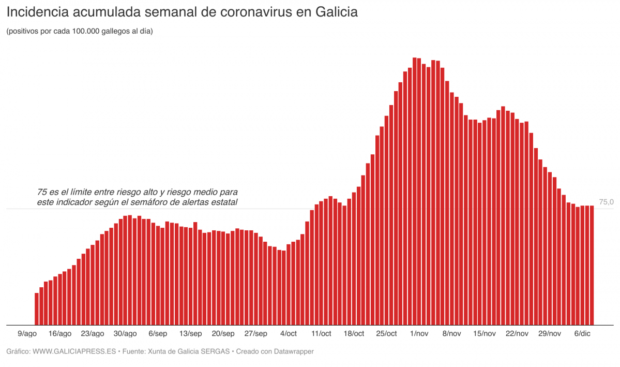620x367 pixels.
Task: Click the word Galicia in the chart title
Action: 332,12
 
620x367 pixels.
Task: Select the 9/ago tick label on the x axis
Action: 27,333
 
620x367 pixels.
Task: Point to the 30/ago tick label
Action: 125,333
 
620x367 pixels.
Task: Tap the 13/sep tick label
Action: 191,333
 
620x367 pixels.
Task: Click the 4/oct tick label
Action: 288,333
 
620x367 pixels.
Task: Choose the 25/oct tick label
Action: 386,333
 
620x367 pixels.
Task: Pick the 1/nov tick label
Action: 419,333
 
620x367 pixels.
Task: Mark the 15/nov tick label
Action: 485,333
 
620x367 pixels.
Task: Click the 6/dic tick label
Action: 582,333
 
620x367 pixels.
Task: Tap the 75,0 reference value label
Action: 606,202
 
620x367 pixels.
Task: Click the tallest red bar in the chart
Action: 415,192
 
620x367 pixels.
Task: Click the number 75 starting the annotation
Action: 42,192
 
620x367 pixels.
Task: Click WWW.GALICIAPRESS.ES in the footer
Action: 74,351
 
